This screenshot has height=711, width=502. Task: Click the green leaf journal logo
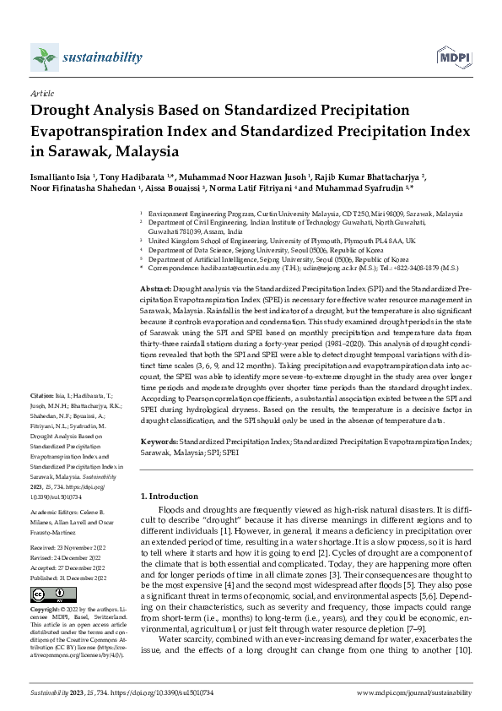click(43, 59)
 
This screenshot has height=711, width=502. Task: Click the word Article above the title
click(41, 95)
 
